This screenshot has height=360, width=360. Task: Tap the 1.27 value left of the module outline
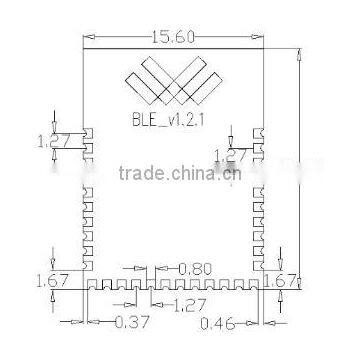click(55, 141)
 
